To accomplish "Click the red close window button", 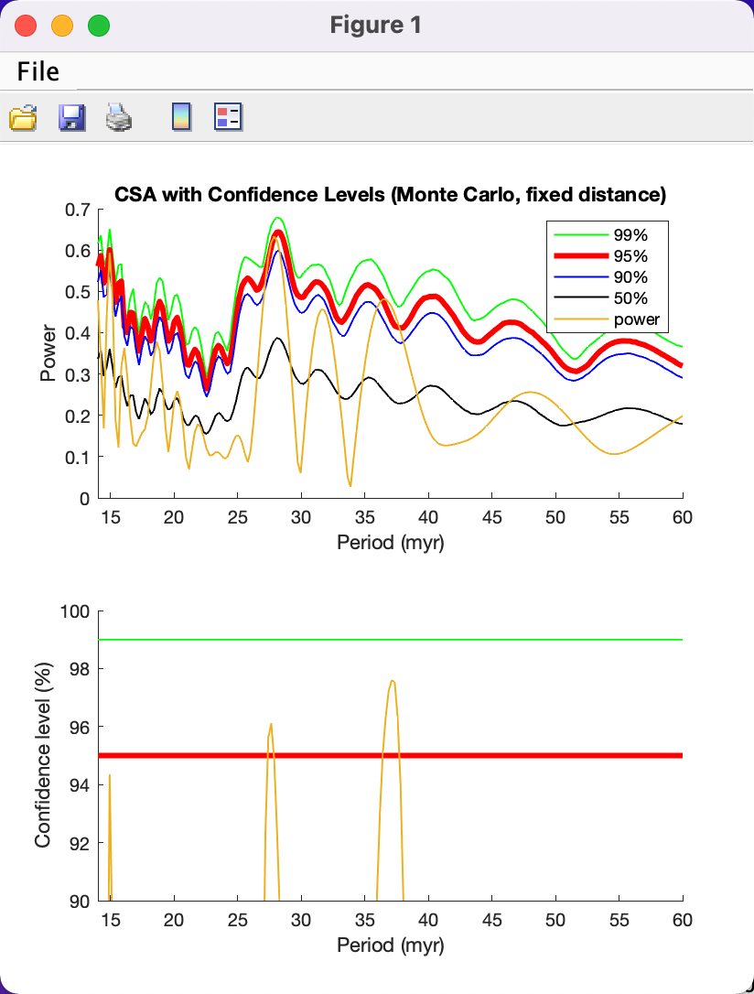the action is (x=26, y=26).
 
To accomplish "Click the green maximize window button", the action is (x=99, y=26).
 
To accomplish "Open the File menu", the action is (x=38, y=71).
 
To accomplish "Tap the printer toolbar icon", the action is (x=118, y=117).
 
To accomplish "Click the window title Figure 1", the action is (x=376, y=26).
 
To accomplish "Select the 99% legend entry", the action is (x=600, y=235).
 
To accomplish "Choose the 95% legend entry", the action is (x=600, y=256).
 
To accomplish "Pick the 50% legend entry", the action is (x=600, y=298).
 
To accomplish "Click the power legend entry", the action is (x=607, y=319).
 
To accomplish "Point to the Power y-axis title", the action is (x=48, y=353).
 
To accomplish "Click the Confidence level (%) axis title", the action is (x=42, y=755).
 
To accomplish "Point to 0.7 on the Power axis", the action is (x=77, y=210).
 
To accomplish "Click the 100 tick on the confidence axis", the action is (x=75, y=611).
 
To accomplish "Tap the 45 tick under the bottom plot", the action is (x=491, y=920).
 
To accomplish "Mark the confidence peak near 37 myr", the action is (x=393, y=681).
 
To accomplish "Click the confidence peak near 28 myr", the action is (x=271, y=724).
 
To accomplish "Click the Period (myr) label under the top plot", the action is (x=391, y=543).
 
